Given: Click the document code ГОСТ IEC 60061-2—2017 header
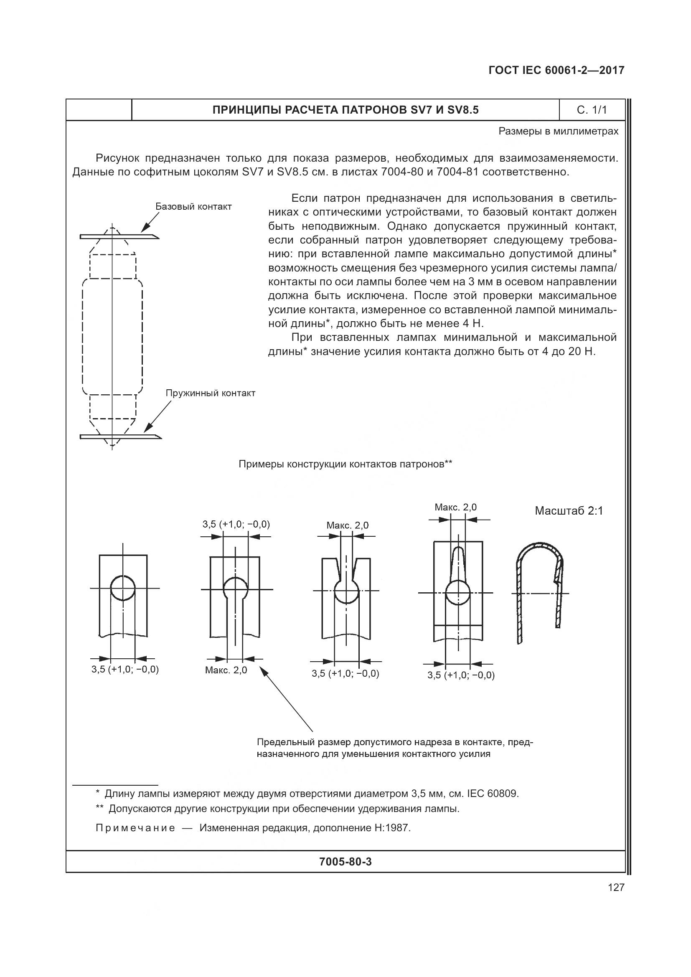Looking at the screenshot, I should pos(556,70).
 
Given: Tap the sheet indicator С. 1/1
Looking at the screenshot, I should pos(592,110).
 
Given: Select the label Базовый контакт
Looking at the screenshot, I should pos(193,207).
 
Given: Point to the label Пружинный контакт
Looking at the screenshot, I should pos(210,393).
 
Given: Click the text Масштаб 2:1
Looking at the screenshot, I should pos(569,510).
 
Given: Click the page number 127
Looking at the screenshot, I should pos(616,887).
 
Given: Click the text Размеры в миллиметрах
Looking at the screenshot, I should pos(558,131).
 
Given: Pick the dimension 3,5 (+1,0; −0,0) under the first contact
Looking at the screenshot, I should pos(125,669).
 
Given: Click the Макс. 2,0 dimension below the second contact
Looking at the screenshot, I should pos(226,670).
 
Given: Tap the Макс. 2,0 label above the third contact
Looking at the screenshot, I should pos(347,525).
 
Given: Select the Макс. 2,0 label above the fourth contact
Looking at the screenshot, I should pos(455,507).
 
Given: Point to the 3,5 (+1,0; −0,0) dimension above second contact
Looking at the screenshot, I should pos(236,524).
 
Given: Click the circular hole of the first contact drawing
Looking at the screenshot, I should pos(122,588).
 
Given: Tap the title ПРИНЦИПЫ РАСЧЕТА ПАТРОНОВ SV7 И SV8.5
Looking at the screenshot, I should pos(345,110).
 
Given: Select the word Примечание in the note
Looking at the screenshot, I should pos(135,828).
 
